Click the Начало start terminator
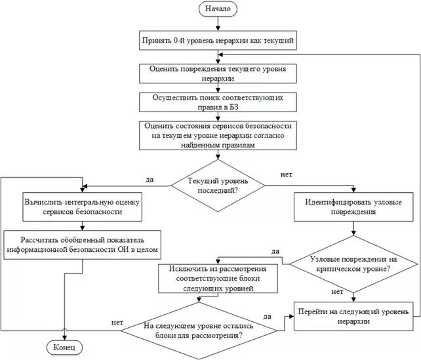pyautogui.click(x=217, y=10)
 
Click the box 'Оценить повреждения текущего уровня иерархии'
pyautogui.click(x=217, y=73)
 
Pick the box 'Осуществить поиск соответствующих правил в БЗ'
pyautogui.click(x=217, y=102)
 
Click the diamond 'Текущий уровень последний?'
pyautogui.click(x=217, y=184)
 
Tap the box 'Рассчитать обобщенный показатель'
pyautogui.click(x=81, y=244)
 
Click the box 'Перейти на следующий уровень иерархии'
pyautogui.click(x=353, y=317)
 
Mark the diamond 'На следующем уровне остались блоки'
pyautogui.click(x=198, y=330)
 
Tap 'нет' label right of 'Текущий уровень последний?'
pyautogui.click(x=286, y=175)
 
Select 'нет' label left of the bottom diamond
pyautogui.click(x=118, y=322)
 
